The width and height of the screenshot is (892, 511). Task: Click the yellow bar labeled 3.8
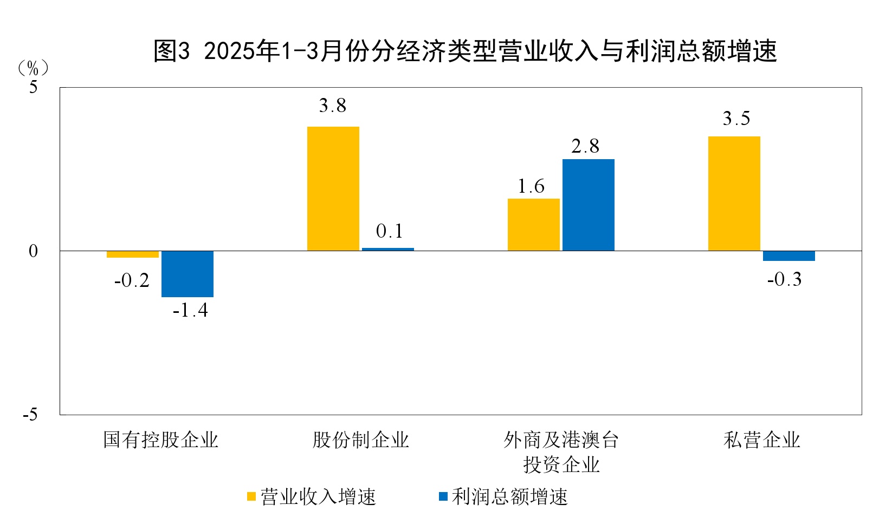pos(333,188)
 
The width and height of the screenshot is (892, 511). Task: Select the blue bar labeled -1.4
pos(188,274)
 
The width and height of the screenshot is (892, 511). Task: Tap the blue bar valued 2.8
pos(588,205)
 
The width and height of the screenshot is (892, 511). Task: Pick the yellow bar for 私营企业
pos(734,193)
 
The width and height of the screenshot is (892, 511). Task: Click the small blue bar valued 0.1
pos(388,249)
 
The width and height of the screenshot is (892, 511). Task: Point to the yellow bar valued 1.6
pos(533,225)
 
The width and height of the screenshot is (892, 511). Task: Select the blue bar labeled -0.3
pos(788,256)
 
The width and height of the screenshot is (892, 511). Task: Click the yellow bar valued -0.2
pos(132,254)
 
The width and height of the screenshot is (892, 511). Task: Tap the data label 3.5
pos(736,119)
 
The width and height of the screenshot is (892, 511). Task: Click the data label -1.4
pos(190,311)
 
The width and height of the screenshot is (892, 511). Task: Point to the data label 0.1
pos(389,232)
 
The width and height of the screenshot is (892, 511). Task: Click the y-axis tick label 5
pos(34,87)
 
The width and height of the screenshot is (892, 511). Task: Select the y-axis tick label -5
pos(30,415)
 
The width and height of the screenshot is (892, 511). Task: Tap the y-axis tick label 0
pos(34,251)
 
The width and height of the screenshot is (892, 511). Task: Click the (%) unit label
pos(33,68)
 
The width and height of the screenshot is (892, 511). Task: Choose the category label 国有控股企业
pos(160,440)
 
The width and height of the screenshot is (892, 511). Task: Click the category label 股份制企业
pos(360,440)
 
